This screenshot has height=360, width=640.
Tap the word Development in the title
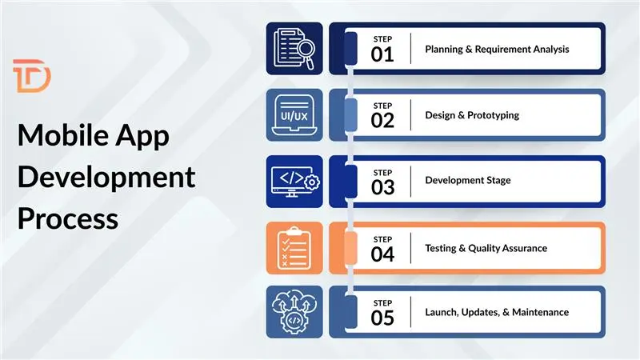point(106,177)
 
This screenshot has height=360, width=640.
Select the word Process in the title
point(68,218)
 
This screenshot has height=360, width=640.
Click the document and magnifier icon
point(294,48)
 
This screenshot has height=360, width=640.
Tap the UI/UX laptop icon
point(294,114)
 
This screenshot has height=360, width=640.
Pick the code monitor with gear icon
point(294,181)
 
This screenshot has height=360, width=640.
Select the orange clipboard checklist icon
point(294,247)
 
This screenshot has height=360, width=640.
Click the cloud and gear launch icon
point(294,312)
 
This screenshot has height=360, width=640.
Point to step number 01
point(382,54)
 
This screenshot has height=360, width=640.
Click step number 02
point(382,121)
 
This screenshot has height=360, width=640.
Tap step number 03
point(382,187)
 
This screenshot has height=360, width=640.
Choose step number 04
point(382,254)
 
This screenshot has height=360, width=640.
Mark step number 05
point(382,318)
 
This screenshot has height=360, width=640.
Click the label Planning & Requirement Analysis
point(497,50)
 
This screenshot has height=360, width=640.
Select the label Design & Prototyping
point(471,115)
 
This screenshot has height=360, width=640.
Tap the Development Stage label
point(467,181)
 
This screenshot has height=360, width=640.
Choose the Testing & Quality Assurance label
point(486,248)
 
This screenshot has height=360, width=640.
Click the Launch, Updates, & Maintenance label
point(496,312)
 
